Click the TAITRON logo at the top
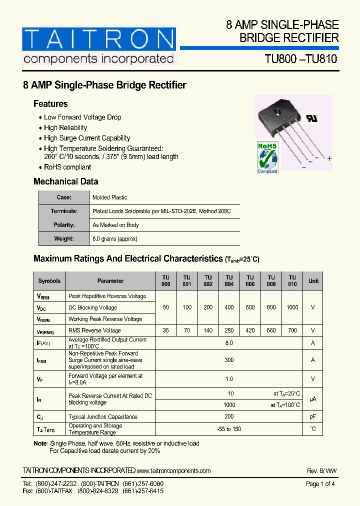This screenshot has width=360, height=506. [99, 46]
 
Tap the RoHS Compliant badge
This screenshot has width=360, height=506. [267, 157]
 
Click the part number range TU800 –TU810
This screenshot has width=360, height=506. [301, 58]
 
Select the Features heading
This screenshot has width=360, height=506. [50, 104]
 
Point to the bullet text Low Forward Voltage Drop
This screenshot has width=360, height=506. [82, 117]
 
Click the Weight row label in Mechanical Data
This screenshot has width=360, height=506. [64, 239]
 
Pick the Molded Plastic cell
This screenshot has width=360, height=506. [110, 197]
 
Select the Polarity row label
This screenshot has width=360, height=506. [64, 225]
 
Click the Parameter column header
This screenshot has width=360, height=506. [110, 281]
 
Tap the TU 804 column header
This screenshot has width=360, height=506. [229, 281]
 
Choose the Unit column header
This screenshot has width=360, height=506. [313, 281]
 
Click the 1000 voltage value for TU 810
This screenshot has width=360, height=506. [292, 307]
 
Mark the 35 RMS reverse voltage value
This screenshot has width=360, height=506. [166, 330]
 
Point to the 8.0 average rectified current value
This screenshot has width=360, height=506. [229, 343]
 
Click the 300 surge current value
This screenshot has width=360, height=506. [229, 360]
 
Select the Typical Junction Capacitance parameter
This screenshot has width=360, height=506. [102, 416]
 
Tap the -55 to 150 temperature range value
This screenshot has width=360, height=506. [229, 429]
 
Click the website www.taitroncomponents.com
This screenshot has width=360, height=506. [173, 470]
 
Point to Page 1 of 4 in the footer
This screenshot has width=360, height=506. [320, 484]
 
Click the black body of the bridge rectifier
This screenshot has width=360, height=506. [284, 114]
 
